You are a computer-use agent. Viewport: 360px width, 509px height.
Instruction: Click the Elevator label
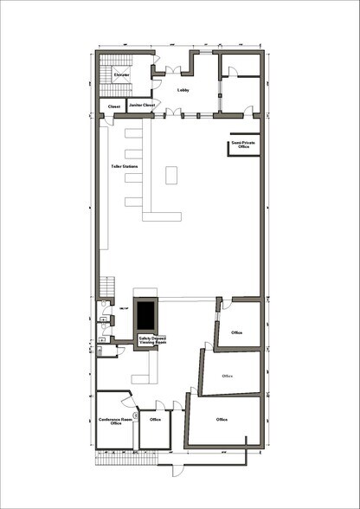[121, 75]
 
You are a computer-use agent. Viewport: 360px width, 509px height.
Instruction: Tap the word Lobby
[183, 89]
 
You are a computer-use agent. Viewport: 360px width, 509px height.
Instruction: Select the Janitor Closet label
[142, 106]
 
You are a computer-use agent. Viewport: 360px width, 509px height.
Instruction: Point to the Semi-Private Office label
[240, 145]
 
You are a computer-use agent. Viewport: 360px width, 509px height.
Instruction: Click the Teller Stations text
[125, 166]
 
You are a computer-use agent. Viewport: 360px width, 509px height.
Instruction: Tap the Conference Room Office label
[115, 421]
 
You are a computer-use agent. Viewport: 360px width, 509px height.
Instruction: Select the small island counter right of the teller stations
[171, 175]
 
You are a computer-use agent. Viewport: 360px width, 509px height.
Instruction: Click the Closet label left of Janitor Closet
[113, 106]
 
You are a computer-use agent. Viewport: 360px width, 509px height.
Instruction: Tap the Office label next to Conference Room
[156, 420]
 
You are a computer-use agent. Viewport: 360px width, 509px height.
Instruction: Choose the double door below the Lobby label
[175, 113]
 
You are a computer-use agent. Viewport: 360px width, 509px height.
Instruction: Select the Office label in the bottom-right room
[222, 420]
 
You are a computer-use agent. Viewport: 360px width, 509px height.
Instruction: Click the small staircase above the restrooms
[108, 286]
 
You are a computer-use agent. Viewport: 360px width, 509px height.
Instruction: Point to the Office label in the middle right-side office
[228, 376]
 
